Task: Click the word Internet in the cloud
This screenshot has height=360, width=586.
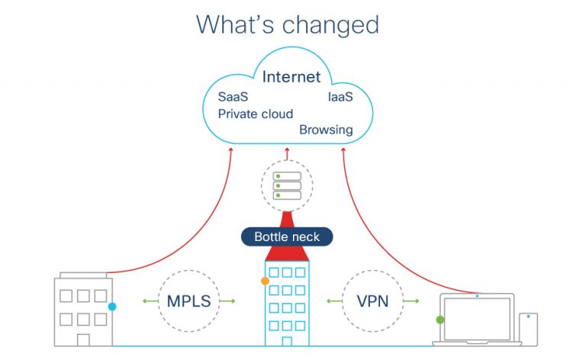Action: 291,77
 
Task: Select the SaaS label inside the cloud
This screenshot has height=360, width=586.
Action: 233,97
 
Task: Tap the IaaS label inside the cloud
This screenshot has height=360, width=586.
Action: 340,97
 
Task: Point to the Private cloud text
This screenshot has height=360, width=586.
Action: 255,114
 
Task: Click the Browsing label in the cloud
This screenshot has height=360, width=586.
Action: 326,130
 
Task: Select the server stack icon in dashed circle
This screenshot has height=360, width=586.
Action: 287,185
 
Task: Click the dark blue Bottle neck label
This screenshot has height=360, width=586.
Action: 287,236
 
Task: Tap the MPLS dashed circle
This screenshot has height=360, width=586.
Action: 188,301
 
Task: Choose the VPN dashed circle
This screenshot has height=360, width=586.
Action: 372,301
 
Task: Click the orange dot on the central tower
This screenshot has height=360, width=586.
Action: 265,281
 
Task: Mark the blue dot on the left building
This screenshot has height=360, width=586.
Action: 112,307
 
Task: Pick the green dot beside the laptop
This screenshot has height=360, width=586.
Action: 439,320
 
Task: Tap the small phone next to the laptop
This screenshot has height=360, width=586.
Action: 528,328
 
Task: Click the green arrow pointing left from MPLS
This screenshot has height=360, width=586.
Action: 148,301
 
